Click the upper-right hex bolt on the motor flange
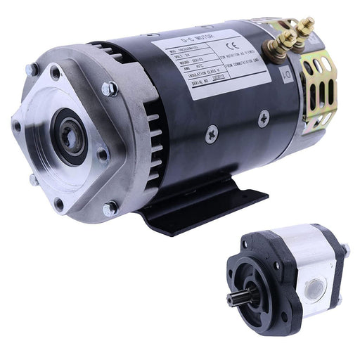tap(109, 89)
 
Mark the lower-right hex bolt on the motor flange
tap(109, 208)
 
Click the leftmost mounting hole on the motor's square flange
tap(17, 127)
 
